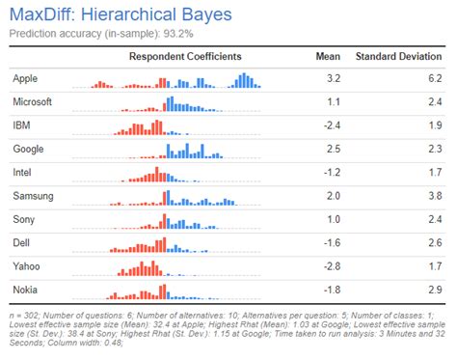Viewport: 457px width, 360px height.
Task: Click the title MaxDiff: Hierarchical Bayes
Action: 121,14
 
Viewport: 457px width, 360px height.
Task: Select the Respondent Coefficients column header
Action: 185,57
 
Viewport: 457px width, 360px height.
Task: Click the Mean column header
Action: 328,57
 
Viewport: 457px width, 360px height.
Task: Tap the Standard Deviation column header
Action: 398,57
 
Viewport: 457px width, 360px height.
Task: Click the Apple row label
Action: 25,79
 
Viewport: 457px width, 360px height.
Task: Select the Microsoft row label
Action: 32,102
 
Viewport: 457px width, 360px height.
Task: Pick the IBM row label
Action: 21,125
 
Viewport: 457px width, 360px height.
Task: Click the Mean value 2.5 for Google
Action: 334,149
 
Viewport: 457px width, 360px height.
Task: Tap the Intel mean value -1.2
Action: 332,173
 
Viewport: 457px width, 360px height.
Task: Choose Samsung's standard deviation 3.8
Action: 435,196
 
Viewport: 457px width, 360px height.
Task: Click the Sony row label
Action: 24,220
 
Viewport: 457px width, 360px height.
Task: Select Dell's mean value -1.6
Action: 332,243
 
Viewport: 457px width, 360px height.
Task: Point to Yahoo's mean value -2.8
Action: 332,266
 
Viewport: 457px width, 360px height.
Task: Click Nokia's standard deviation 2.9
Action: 435,290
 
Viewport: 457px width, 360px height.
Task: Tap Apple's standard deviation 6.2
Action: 435,78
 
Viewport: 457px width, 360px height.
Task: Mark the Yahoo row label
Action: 26,266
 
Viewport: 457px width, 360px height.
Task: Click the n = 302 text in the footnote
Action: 24,316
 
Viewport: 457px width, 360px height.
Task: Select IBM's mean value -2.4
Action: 332,125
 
